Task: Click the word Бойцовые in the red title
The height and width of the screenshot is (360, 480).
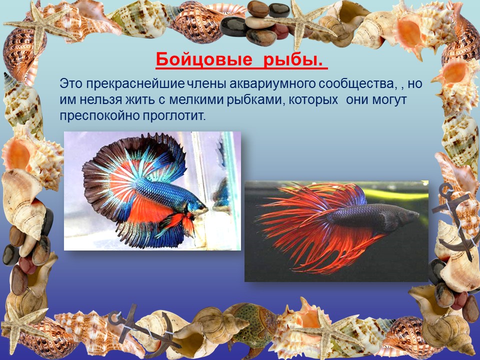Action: coord(203,59)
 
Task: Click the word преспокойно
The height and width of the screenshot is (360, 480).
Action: coord(99,116)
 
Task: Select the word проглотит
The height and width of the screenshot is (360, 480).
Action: coord(173,116)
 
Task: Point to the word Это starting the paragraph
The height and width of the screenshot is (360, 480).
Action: coord(71,84)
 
